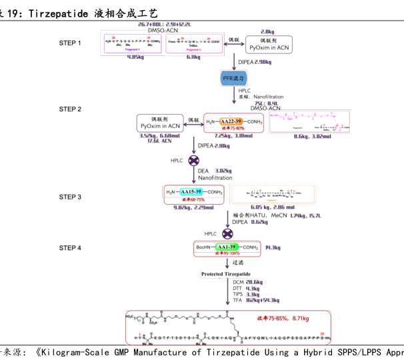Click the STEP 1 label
pyautogui.click(x=70, y=43)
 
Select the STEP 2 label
pyautogui.click(x=70, y=109)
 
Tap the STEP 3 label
pyautogui.click(x=70, y=197)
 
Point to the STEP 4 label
pyautogui.click(x=70, y=248)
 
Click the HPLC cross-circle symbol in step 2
pyautogui.click(x=194, y=161)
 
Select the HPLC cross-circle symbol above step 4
pyautogui.click(x=227, y=233)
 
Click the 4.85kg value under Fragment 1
pyautogui.click(x=138, y=57)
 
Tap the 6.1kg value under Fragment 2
pyautogui.click(x=194, y=57)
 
